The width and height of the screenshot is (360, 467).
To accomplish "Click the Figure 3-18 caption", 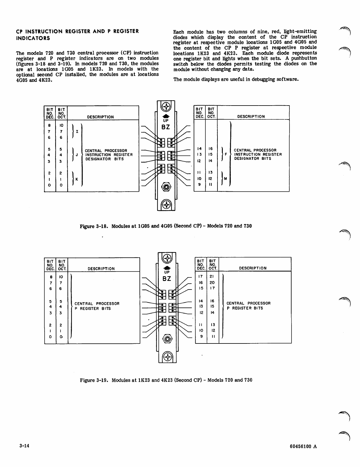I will click(166, 226).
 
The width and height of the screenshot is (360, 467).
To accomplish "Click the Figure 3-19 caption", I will click(166, 380).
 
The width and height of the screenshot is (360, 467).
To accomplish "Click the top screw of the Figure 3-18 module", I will click(166, 106).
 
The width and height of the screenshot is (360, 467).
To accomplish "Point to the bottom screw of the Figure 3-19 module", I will click(167, 357).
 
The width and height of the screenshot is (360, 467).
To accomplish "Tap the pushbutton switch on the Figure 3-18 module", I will click(166, 187).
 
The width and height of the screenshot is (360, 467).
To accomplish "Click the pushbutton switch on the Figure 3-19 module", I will click(167, 339).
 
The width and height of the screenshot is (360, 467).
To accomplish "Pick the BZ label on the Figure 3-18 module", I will click(166, 127).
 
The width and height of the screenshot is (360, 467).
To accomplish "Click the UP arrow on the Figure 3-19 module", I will click(167, 268).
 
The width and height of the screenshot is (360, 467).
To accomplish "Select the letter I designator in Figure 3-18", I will click(77, 131).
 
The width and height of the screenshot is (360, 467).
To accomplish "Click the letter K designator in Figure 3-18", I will click(77, 179).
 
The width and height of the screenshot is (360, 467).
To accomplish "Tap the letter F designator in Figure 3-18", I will click(226, 154).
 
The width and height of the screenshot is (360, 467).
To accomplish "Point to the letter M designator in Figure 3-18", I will click(225, 179).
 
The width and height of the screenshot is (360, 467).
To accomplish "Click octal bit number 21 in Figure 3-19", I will click(212, 277).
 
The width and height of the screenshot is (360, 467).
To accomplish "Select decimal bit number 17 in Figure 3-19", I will click(201, 277).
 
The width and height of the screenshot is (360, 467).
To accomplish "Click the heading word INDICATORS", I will click(33, 38).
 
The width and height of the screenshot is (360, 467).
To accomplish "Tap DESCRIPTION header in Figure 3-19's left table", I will click(101, 269).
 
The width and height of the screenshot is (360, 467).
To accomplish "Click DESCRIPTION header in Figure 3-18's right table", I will click(251, 116).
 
